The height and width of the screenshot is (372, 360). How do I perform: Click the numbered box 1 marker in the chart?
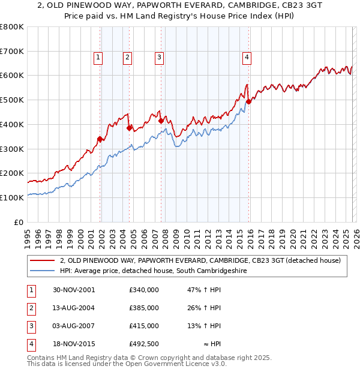98,58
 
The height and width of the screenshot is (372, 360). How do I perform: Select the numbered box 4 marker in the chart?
247,58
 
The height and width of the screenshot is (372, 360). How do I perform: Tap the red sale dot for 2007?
161,121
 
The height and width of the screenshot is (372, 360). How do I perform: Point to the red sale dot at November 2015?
249,101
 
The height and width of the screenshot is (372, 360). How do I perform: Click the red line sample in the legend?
42,260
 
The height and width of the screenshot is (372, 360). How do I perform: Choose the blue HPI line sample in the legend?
42,271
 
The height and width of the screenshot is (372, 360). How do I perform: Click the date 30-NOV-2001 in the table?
74,290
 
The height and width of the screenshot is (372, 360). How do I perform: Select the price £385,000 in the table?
143,308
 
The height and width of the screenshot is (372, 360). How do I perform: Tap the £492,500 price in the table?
143,344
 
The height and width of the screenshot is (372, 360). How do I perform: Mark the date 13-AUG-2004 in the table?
74,308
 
